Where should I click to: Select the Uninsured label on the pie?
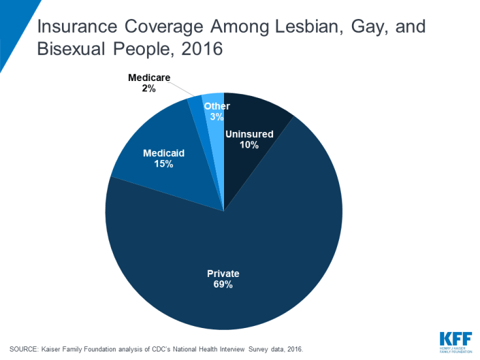point(249,134)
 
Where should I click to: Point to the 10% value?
point(249,145)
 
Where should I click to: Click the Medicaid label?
point(163,153)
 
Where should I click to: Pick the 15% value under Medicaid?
point(163,164)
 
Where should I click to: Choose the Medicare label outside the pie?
point(149,77)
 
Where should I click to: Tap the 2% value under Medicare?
point(149,88)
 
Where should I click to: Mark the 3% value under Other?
point(216,117)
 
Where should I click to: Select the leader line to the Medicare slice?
point(182,89)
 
